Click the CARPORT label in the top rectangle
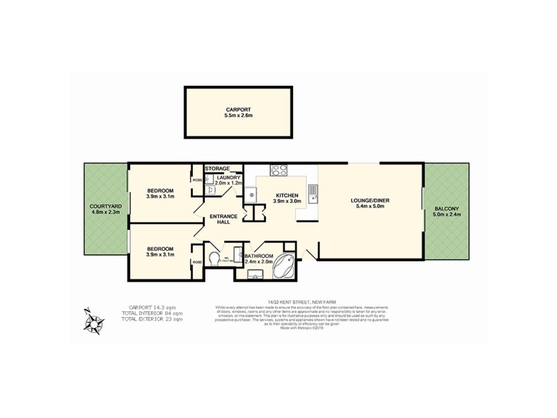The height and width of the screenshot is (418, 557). click(237, 109)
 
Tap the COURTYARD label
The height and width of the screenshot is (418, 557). click(106, 207)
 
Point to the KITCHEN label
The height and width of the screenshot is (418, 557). click(287, 196)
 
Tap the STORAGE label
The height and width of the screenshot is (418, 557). click(217, 169)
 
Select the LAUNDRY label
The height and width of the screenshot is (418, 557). click(228, 178)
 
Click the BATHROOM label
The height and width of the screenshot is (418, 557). click(259, 257)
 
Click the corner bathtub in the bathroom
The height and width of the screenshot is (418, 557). click(285, 268)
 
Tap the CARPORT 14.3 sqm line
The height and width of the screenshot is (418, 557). click(152, 308)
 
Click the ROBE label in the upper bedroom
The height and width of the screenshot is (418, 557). click(197, 180)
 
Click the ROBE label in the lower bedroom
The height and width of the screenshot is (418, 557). click(197, 262)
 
